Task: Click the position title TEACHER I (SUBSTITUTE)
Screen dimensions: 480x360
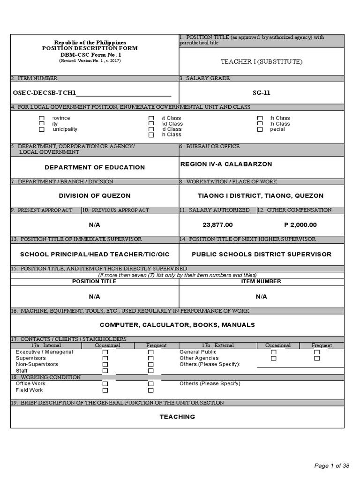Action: click(x=262, y=61)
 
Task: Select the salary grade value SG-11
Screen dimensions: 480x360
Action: click(x=262, y=93)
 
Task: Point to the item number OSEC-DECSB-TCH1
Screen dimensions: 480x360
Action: click(x=45, y=93)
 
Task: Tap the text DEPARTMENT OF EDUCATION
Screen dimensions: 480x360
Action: click(x=95, y=167)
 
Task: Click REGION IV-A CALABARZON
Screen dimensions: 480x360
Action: click(x=226, y=164)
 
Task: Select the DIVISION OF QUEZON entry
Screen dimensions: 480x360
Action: click(x=95, y=195)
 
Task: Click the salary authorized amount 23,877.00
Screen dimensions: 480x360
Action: click(x=217, y=225)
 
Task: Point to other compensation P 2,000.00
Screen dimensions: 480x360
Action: click(x=300, y=225)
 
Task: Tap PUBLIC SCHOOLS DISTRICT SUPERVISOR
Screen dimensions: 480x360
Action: click(x=262, y=254)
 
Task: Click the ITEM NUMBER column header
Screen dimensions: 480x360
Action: click(x=261, y=281)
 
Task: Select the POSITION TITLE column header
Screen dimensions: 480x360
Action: click(x=94, y=281)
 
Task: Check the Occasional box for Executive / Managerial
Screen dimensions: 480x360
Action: click(x=105, y=352)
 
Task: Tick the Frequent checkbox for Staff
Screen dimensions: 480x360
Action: click(x=151, y=371)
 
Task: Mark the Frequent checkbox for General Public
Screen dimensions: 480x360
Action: click(x=317, y=352)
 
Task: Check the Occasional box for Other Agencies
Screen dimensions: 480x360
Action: click(x=274, y=358)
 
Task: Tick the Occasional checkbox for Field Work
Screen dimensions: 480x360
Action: click(x=105, y=390)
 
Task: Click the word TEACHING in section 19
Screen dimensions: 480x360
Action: click(x=177, y=417)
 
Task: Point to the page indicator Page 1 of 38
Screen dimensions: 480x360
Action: click(x=331, y=465)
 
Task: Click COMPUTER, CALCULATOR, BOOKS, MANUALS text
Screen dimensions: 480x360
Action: click(x=177, y=324)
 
